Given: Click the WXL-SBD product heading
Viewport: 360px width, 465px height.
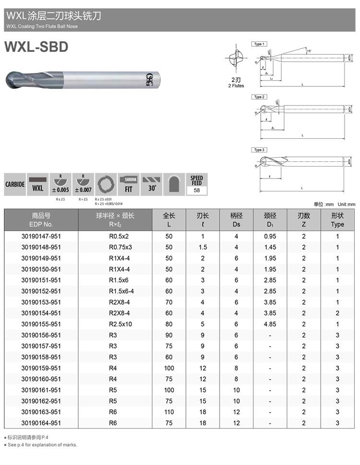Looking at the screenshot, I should (36, 47).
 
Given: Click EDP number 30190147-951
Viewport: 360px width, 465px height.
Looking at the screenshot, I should (41, 236).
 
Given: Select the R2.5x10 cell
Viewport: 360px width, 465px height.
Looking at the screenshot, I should (116, 324).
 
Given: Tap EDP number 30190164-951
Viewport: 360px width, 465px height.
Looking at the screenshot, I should (41, 423).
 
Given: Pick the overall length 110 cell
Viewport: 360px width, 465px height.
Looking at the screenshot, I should (169, 412).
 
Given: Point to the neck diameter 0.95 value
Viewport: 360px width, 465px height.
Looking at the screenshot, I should (270, 236).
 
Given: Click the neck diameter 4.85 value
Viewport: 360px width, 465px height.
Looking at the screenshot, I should (270, 324).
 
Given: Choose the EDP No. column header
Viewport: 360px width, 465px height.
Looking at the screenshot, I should (41, 220).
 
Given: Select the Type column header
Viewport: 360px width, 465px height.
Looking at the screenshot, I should (337, 220).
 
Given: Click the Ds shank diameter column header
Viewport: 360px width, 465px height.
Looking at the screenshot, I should (236, 220).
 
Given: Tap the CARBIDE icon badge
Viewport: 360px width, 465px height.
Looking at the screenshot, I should (14, 185).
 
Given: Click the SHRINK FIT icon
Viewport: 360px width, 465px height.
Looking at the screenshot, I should (128, 185).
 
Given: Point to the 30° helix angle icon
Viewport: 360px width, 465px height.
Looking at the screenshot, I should (152, 185).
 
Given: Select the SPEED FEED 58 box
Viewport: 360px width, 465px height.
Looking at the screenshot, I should (196, 185).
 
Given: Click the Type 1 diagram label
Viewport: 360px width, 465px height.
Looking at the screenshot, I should (258, 44).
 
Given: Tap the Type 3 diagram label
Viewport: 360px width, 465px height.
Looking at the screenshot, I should (258, 150).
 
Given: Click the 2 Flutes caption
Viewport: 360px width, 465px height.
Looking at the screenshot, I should (236, 83).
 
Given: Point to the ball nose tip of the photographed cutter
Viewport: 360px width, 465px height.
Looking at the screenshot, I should (7, 77).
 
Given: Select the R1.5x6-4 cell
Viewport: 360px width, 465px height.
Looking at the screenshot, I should (116, 291).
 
